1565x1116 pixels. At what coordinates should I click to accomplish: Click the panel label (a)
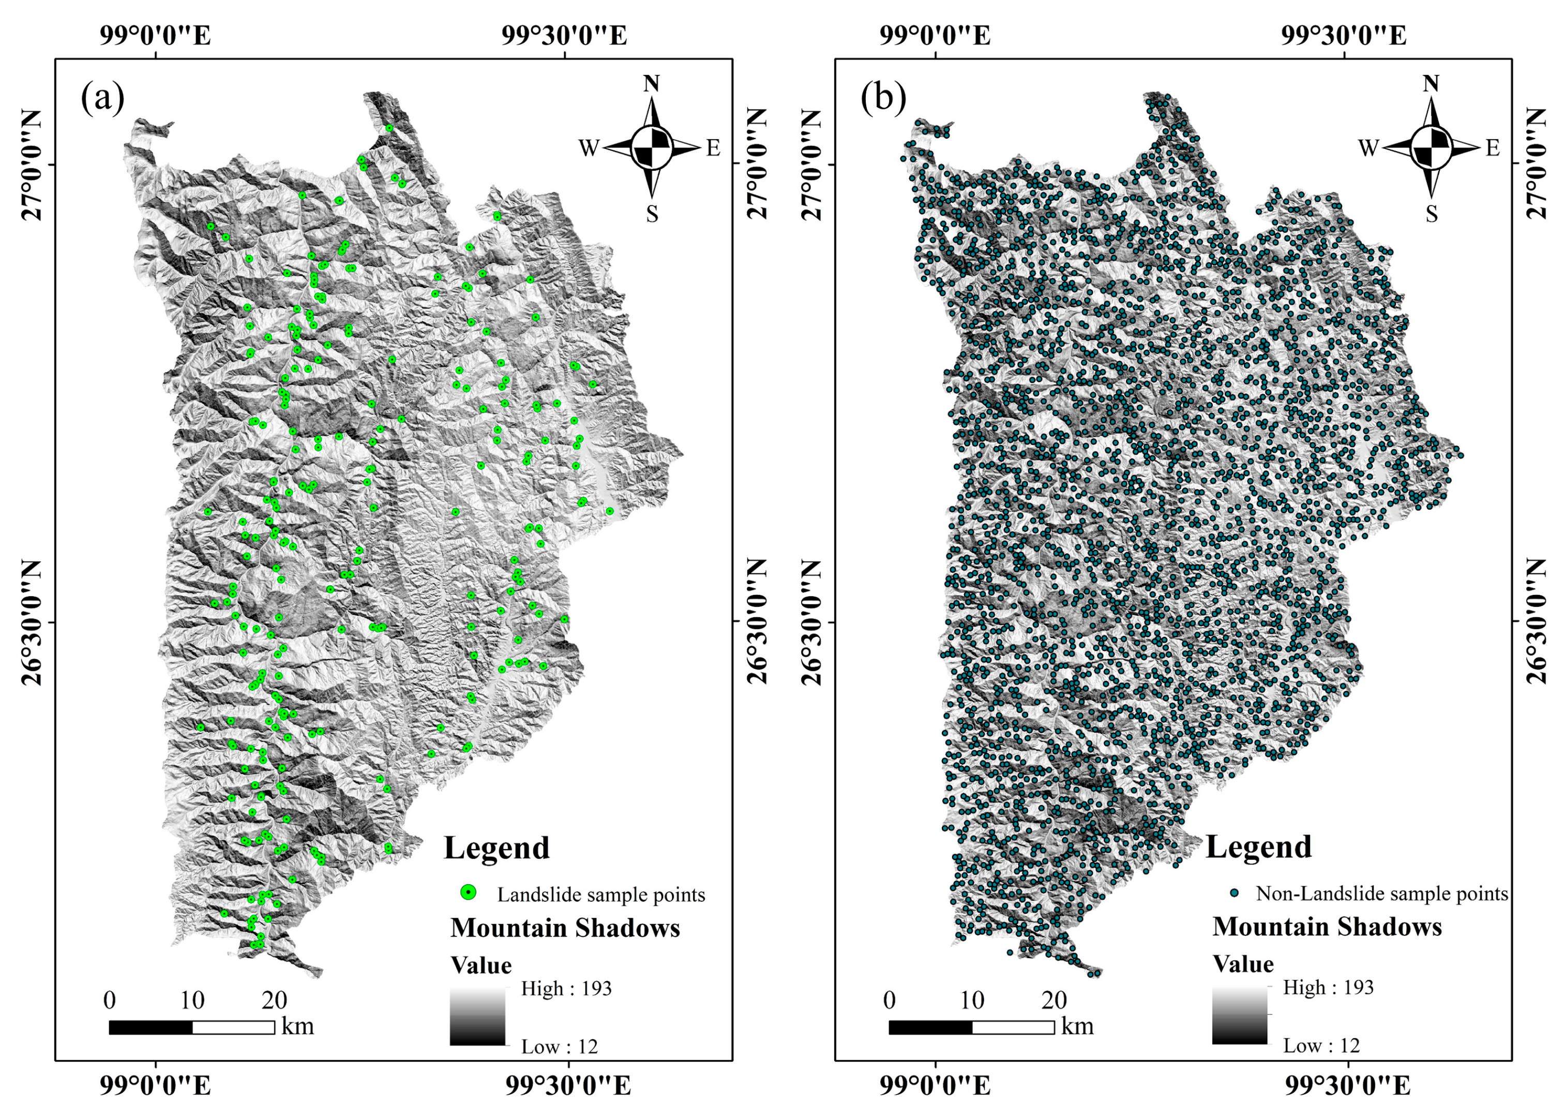point(103,98)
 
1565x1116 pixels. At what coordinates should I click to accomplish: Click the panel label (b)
point(883,98)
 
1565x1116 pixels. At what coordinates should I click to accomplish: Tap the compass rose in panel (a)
point(651,148)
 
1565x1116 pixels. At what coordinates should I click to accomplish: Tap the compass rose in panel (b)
point(1431,148)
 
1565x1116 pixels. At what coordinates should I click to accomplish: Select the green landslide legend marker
point(469,892)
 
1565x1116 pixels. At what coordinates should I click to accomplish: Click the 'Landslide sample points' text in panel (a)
point(601,895)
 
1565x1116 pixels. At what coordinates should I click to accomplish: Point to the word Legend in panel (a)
point(496,848)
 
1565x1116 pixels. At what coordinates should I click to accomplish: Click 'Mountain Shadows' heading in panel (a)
point(565,928)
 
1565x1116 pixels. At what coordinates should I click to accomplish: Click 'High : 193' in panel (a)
point(566,989)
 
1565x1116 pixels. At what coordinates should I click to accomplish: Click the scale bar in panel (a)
point(192,1028)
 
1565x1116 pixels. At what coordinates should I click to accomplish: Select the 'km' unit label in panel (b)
point(1077,1026)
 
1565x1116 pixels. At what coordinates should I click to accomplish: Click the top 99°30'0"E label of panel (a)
point(564,36)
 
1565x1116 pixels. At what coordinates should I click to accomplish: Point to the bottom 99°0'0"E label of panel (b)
point(936,1086)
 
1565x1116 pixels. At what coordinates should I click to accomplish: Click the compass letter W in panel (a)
point(589,148)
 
